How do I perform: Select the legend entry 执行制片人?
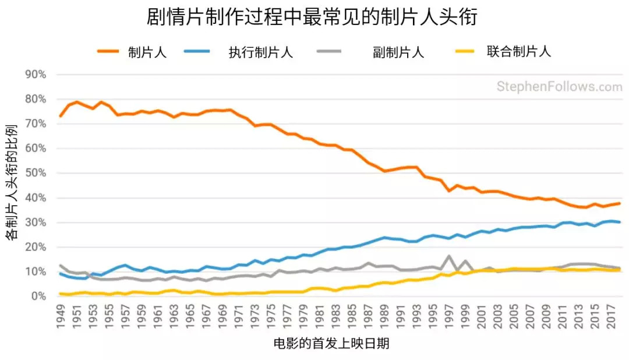[260, 52]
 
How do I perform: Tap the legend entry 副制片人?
[398, 52]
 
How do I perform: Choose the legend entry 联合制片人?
[518, 52]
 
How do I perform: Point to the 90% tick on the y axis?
[36, 75]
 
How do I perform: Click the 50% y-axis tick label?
[36, 173]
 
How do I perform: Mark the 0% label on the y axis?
[39, 297]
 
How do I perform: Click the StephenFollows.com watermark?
[559, 87]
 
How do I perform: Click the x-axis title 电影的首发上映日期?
[331, 344]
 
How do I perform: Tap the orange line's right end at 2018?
[619, 203]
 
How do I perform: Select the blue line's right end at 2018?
[619, 222]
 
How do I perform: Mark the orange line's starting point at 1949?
[61, 116]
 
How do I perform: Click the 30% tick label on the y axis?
[36, 223]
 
